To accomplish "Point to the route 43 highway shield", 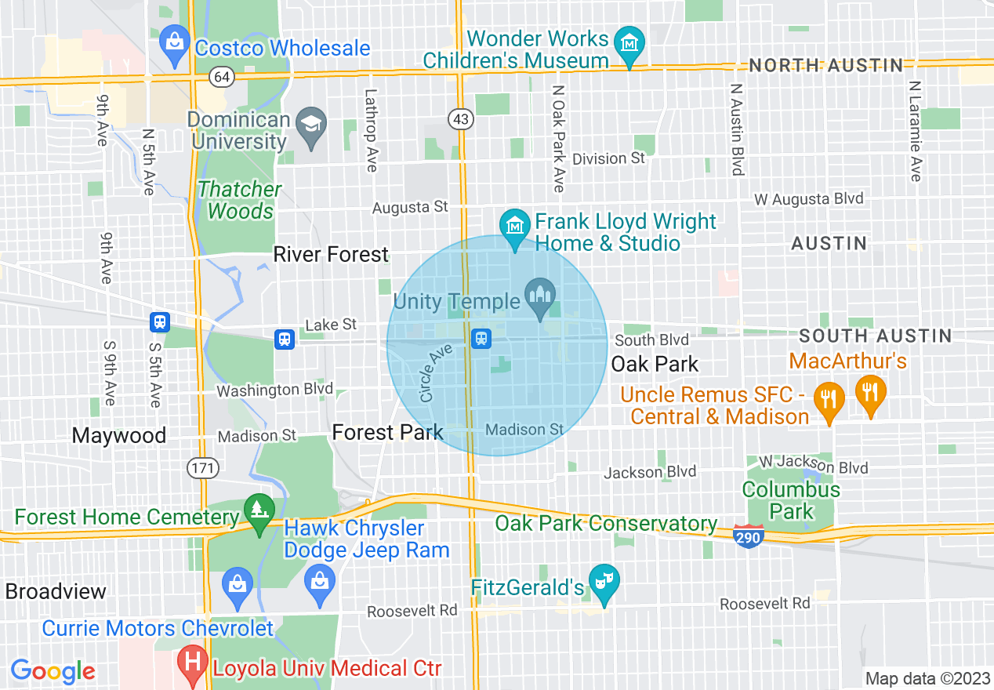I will (459, 118).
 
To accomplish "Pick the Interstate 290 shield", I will (749, 536).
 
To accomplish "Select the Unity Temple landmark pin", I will (540, 296).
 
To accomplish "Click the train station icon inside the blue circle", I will (481, 338).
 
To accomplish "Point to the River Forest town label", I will (331, 255).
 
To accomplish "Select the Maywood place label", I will (119, 436).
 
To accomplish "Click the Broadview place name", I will (56, 591).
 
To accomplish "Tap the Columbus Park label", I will (792, 501).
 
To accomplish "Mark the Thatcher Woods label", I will (240, 201).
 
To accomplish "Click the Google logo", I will (53, 671).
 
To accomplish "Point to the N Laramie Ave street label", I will (915, 130).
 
